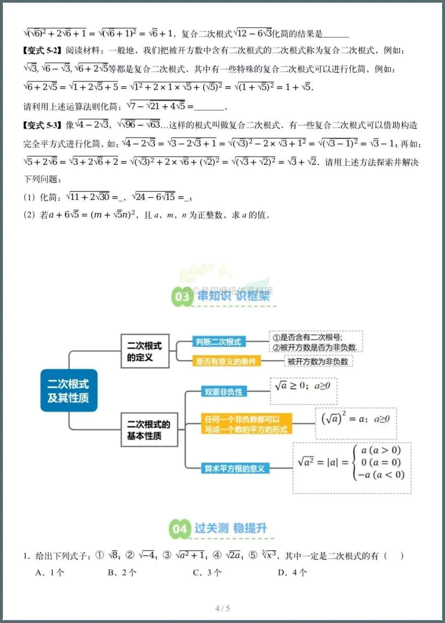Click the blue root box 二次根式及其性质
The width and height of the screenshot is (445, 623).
tap(69, 390)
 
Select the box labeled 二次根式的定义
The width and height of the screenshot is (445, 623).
tap(145, 351)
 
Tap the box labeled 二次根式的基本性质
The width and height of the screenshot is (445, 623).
tap(149, 429)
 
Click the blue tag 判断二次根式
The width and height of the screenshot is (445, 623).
tap(219, 342)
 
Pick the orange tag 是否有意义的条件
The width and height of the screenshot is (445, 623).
tap(226, 362)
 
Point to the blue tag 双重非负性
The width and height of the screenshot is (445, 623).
tap(224, 392)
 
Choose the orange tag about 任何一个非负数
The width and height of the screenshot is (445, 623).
tap(246, 424)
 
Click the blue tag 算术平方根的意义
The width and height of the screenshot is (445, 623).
tap(235, 468)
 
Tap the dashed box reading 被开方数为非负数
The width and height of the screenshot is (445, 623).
tap(318, 362)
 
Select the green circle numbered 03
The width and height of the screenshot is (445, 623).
tap(182, 296)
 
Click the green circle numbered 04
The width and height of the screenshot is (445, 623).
tap(180, 529)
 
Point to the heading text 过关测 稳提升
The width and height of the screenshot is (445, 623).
tap(231, 528)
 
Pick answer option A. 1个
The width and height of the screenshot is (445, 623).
tap(50, 572)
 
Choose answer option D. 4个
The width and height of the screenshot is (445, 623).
tap(292, 572)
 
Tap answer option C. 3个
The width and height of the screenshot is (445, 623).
tap(207, 572)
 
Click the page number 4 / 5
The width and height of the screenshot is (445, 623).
tap(222, 608)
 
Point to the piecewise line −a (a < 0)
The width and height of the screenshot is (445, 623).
tap(381, 475)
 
